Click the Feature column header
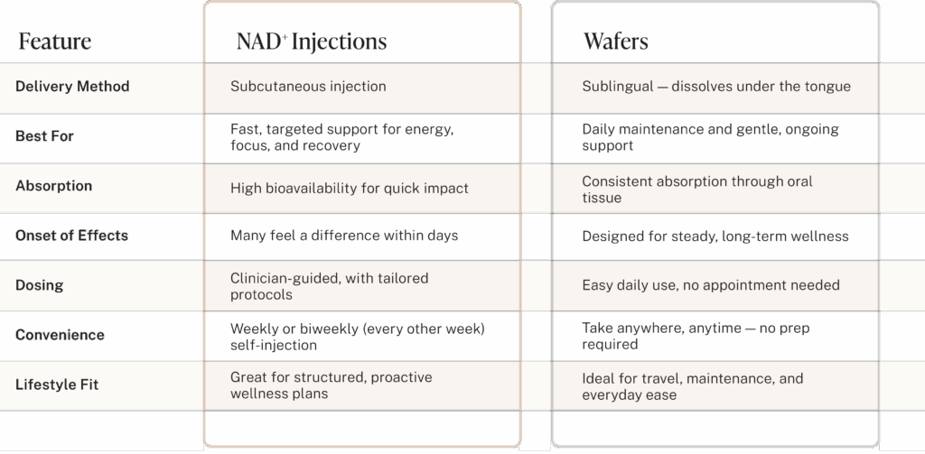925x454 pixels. (x=55, y=42)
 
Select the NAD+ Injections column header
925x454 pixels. (x=312, y=42)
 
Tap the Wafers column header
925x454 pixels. (x=616, y=42)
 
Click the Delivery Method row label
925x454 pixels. (x=72, y=86)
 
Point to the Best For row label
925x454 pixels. (x=44, y=136)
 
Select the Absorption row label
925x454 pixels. (x=53, y=186)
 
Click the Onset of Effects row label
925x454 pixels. (x=71, y=236)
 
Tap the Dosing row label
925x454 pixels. (x=39, y=285)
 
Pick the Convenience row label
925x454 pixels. (x=60, y=335)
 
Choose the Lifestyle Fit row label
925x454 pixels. (x=57, y=385)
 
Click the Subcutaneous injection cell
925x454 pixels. (x=308, y=86)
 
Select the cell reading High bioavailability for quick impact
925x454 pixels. (x=350, y=188)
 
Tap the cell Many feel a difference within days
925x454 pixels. (x=344, y=236)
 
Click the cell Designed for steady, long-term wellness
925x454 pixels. (x=715, y=236)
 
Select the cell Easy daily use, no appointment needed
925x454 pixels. (x=711, y=285)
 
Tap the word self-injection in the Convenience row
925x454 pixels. (x=273, y=345)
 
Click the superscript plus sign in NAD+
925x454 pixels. (x=285, y=37)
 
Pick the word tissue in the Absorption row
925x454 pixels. (x=601, y=198)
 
